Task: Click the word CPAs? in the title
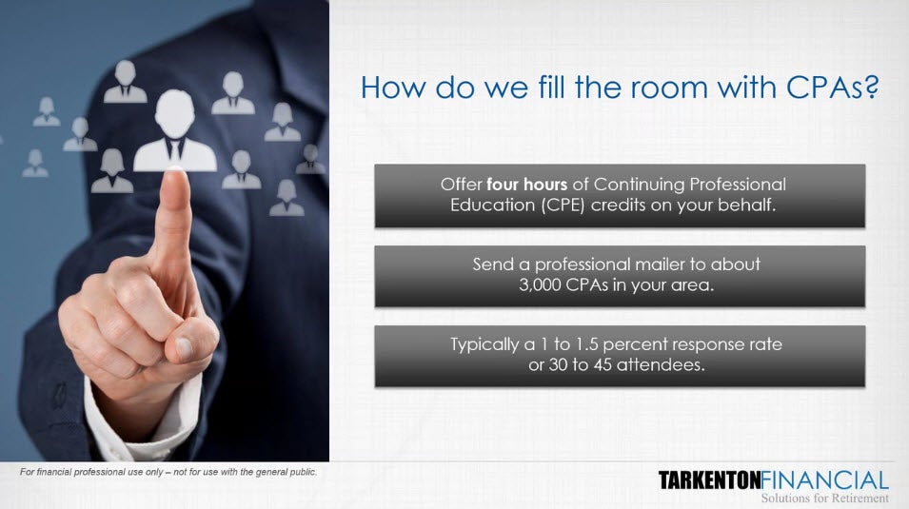[833, 88]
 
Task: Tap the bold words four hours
[526, 185]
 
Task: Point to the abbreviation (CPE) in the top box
[563, 206]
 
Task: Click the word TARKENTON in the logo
[709, 480]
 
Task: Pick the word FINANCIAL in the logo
[824, 480]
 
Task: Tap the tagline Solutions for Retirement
[824, 498]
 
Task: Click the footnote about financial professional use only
[168, 472]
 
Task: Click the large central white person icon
[174, 131]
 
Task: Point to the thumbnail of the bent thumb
[184, 348]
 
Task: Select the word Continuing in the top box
[639, 185]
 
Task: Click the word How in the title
[394, 88]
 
